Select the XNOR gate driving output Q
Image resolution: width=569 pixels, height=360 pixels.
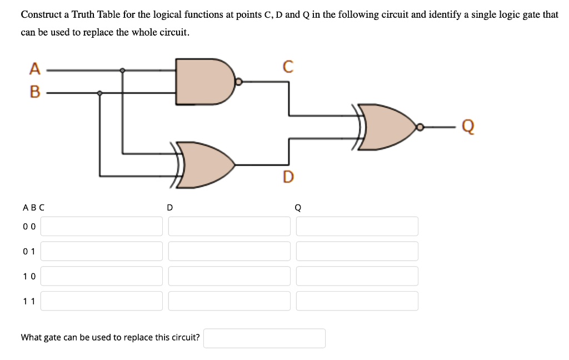coord(385,127)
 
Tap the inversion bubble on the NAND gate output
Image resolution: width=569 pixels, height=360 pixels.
coord(238,82)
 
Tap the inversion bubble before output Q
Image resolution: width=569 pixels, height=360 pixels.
coord(420,127)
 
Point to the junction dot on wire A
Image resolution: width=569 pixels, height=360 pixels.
coord(123,71)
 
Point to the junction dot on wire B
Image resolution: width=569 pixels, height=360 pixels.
coord(100,93)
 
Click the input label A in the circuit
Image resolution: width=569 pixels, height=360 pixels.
coord(35,68)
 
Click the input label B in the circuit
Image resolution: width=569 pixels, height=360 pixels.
coord(35,92)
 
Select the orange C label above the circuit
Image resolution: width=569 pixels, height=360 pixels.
coord(288,67)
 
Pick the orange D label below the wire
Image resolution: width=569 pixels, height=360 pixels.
coord(288,177)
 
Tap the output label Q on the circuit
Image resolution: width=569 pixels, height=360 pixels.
coord(468,127)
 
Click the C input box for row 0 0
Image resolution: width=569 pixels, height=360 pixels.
coord(102,227)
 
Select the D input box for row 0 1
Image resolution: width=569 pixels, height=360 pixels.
coord(229,251)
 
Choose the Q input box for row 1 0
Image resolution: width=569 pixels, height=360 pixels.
coord(357,276)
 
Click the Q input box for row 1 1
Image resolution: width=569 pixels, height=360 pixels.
coord(357,301)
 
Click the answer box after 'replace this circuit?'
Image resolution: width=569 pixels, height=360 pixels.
coord(264,338)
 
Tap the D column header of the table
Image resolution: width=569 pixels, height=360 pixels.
coord(170,208)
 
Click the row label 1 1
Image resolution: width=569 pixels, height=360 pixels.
coord(29,301)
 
